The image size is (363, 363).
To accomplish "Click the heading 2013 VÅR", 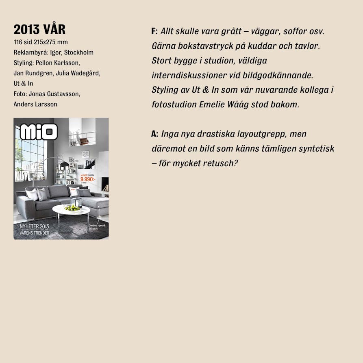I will [x=39, y=29].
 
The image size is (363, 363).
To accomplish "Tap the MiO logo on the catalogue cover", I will [x=39, y=132].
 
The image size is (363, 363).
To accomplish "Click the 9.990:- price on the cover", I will [x=88, y=179].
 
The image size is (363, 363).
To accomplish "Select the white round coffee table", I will [x=71, y=210].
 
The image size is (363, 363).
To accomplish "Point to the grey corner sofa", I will [x=61, y=197].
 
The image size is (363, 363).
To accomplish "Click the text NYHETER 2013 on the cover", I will [x=34, y=226].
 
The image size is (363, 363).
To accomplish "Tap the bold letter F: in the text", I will [x=154, y=31].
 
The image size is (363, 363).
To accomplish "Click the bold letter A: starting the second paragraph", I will [x=154, y=134].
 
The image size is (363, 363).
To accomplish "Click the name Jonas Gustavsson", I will [x=54, y=93].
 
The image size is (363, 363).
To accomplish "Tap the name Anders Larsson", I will [x=35, y=104].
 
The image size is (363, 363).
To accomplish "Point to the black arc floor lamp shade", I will [x=64, y=166].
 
